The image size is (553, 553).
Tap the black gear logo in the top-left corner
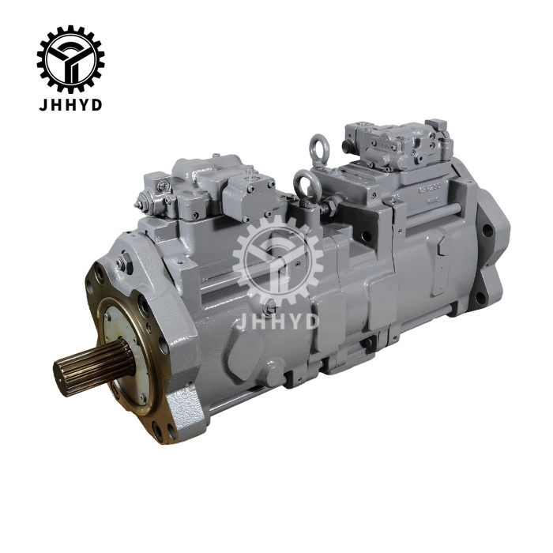tap(70, 58)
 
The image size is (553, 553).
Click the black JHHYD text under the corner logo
tap(70, 105)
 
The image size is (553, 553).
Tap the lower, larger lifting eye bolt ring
tap(305, 184)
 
